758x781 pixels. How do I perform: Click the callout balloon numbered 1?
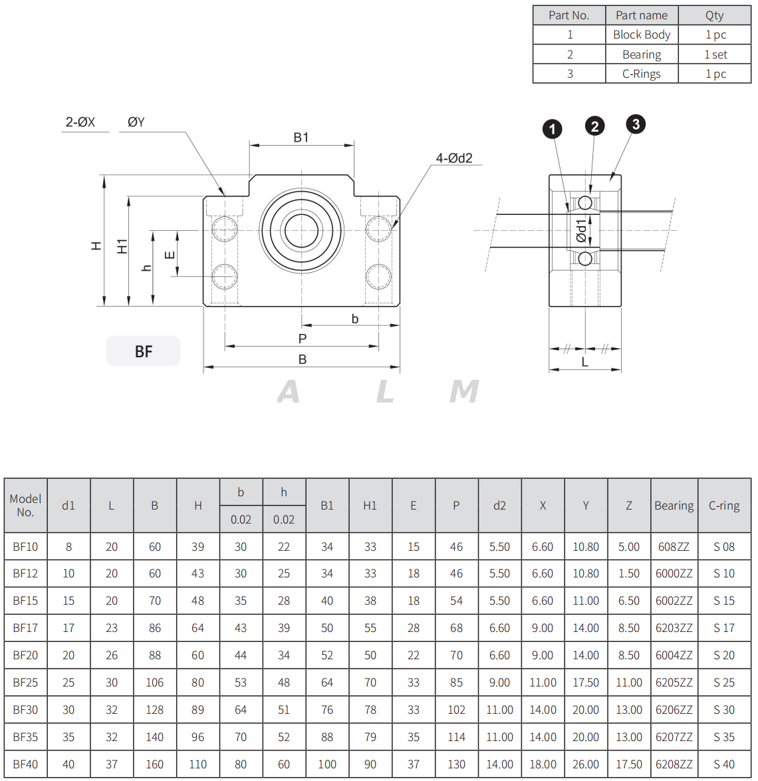(x=552, y=129)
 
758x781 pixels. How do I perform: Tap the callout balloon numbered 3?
(x=636, y=124)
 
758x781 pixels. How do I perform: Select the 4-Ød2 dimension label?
(x=454, y=158)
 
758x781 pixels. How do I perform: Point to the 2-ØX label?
(x=80, y=122)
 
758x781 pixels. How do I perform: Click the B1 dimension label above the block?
(x=301, y=138)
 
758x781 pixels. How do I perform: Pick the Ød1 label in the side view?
(x=582, y=230)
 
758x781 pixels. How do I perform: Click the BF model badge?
(x=143, y=351)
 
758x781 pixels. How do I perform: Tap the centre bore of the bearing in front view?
(x=301, y=231)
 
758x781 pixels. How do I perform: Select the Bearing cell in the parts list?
(x=642, y=55)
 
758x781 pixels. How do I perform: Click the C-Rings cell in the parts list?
(x=642, y=74)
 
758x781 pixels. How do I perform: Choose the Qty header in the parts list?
(x=715, y=15)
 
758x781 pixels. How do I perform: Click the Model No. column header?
(x=25, y=506)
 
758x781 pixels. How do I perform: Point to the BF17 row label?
(x=25, y=628)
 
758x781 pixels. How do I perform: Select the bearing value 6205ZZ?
(x=674, y=683)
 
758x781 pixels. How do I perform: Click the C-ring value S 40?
(x=723, y=764)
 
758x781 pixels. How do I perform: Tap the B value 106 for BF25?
(x=154, y=683)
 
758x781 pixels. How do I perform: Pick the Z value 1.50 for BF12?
(x=629, y=573)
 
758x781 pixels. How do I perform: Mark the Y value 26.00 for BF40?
(x=586, y=764)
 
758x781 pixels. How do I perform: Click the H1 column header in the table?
(x=370, y=506)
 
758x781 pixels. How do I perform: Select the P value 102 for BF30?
(x=456, y=710)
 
